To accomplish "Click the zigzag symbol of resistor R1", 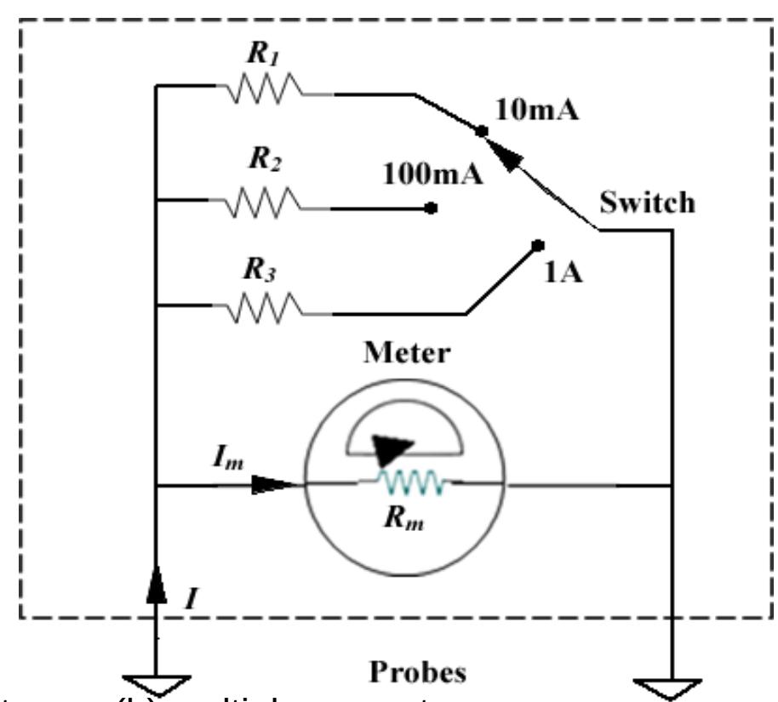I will point(263,86).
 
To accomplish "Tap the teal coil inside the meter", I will point(412,483).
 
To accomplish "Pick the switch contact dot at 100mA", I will point(432,208).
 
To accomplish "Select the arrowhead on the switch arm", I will point(507,158).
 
